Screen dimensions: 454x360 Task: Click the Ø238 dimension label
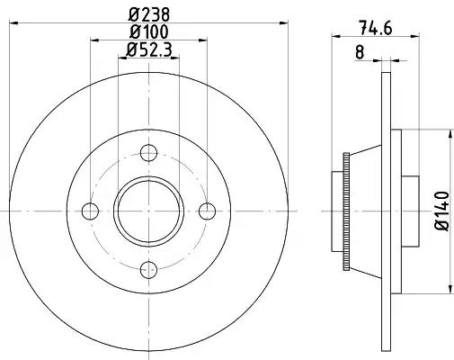149,14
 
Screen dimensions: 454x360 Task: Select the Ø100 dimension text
149,31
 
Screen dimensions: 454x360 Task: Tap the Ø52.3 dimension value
149,49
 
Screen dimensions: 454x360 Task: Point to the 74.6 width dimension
375,28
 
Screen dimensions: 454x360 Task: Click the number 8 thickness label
360,52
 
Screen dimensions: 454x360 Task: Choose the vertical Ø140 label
442,211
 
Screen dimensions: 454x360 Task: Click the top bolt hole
148,153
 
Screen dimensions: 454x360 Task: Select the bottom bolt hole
148,270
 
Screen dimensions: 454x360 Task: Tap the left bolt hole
90,211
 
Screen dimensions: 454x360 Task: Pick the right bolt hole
207,211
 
